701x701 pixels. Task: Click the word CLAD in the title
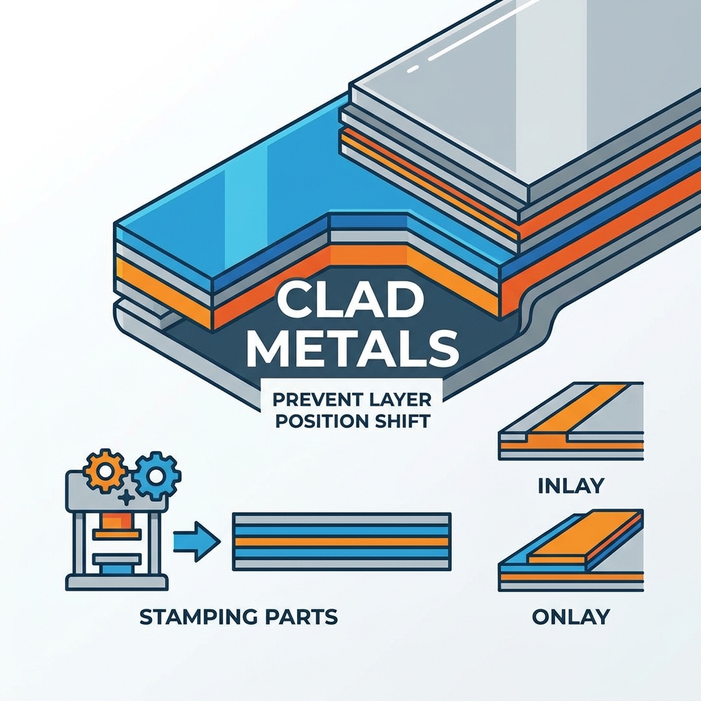tap(348, 298)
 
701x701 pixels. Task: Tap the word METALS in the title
tap(353, 347)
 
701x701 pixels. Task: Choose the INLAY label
tap(571, 487)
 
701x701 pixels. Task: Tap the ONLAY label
tap(571, 617)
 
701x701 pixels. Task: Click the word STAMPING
tap(199, 617)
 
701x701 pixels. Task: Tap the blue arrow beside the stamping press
tap(197, 542)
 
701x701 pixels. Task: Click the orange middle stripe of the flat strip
tap(342, 541)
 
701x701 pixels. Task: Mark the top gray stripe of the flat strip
tap(342, 519)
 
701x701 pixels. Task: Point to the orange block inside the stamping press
tap(117, 520)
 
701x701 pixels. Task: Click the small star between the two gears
tap(127, 498)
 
